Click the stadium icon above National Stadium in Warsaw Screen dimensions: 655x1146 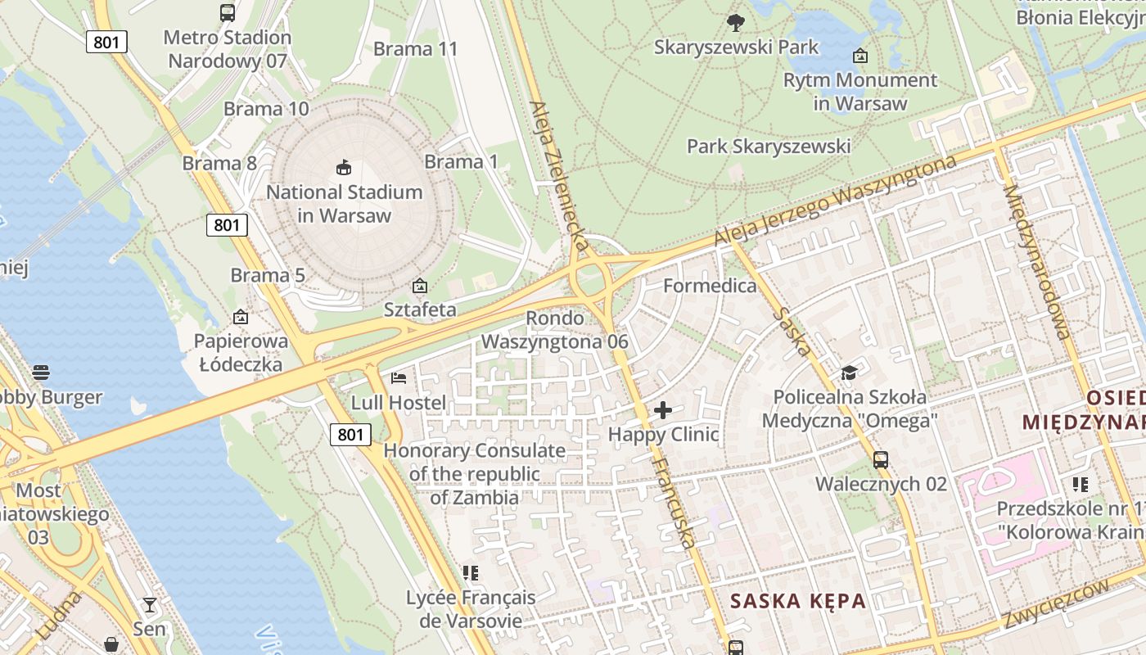[x=345, y=168]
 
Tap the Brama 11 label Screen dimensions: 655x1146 [x=415, y=49]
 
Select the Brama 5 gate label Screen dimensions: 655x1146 [x=268, y=275]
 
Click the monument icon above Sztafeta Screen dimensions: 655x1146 [x=420, y=286]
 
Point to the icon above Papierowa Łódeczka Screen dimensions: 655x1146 [x=241, y=317]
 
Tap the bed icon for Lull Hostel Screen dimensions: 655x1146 [x=399, y=378]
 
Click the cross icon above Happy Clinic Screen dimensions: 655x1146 [x=663, y=409]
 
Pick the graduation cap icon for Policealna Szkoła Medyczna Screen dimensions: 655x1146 [x=850, y=373]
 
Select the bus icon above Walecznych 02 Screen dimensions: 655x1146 [x=881, y=460]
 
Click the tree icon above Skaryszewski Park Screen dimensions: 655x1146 [x=736, y=23]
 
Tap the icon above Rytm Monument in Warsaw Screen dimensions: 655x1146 [x=860, y=56]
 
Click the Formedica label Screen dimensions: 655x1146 [x=710, y=286]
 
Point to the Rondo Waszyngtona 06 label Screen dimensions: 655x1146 [x=555, y=330]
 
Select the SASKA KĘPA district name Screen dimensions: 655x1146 [x=797, y=602]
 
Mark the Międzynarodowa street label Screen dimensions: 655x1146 [x=1035, y=262]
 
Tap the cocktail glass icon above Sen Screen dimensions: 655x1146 [x=149, y=605]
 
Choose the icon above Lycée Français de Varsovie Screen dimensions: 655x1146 [x=470, y=573]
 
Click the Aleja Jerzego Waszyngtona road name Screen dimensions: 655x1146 [x=835, y=201]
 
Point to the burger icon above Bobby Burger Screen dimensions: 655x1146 [x=41, y=373]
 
